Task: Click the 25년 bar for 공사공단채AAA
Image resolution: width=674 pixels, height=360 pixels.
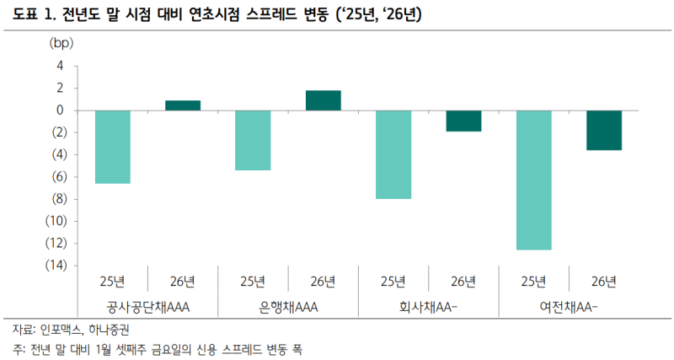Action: pos(112,147)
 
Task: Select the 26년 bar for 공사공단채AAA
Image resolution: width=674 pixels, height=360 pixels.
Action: pos(183,105)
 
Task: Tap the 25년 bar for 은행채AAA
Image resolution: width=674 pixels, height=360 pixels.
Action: pos(253,140)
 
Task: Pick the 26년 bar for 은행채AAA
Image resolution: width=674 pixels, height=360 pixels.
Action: pos(324,100)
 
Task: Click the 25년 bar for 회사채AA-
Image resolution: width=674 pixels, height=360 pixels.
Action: pos(393,154)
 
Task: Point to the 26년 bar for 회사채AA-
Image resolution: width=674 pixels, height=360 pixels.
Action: pos(463,121)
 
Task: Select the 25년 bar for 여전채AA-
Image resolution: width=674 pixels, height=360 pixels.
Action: pos(534,180)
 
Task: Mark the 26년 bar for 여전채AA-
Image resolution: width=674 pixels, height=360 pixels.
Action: pos(604,130)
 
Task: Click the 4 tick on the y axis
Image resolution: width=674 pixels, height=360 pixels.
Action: pos(61,66)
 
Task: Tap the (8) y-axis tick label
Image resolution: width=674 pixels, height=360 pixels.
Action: pos(56,199)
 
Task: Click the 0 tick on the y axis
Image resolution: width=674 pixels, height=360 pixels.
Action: pos(61,110)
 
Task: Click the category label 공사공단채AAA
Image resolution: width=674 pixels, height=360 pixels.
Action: pos(147,306)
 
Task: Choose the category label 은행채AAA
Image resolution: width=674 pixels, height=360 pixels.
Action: pos(288,306)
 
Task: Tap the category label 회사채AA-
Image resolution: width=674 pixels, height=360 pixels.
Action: pos(428,306)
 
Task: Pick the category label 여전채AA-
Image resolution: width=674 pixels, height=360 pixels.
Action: pos(569,306)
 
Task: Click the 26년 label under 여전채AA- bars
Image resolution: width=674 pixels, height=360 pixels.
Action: pos(604,281)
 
